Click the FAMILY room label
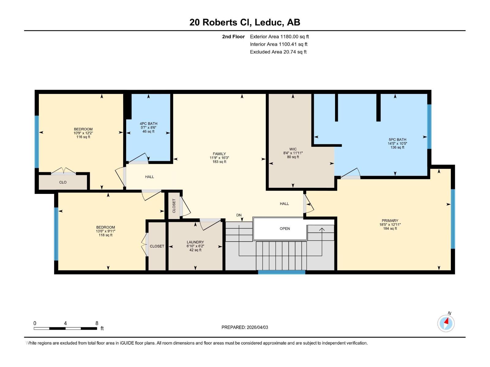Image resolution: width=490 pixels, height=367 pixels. point(219,154)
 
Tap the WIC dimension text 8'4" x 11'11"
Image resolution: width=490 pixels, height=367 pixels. point(293,153)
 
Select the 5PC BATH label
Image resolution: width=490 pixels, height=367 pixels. point(397,139)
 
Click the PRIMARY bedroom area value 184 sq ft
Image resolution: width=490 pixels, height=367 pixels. point(390,228)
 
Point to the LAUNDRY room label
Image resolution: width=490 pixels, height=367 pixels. point(195,242)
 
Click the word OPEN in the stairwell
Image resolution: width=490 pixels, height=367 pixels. point(285,228)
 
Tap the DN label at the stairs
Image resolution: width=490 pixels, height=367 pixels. point(239,215)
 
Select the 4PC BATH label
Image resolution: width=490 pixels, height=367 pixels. point(148,124)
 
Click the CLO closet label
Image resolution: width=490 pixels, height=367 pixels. point(63,182)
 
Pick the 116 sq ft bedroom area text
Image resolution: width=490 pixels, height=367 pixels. point(83,137)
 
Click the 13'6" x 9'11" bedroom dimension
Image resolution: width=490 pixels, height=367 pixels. point(105,231)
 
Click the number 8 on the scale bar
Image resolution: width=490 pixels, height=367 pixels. point(97,323)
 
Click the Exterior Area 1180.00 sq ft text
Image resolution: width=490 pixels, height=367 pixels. point(279,37)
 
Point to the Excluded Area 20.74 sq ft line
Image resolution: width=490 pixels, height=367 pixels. point(278,52)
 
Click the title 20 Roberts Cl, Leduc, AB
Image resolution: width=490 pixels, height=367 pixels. point(245,22)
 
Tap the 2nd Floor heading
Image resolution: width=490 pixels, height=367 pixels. point(233,37)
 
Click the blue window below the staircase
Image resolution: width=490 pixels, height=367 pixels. point(281,272)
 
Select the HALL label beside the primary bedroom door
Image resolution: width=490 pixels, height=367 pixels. point(284,204)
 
